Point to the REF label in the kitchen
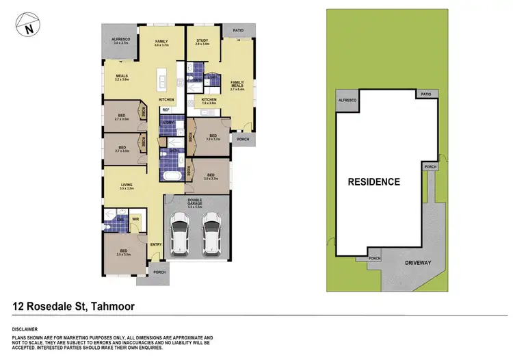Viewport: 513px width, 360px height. [x=166, y=110]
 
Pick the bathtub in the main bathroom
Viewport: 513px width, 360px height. [x=170, y=177]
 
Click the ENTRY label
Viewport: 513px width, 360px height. [x=155, y=244]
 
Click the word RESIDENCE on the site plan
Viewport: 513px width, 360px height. [x=373, y=182]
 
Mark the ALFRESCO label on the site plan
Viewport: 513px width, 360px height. [x=347, y=100]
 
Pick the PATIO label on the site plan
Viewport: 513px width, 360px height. [x=426, y=94]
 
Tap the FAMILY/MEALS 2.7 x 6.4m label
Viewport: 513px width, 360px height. [x=238, y=83]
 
